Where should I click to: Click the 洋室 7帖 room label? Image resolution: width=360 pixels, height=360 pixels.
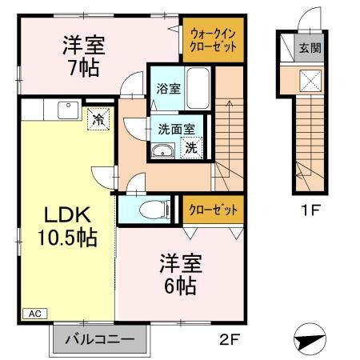(80, 55)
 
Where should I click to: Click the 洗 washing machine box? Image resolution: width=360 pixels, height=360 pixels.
(192, 147)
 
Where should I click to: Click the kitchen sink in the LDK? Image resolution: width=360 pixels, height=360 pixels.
(66, 107)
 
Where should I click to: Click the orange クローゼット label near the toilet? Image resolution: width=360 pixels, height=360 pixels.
(212, 210)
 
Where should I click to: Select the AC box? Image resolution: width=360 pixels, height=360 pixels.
(34, 314)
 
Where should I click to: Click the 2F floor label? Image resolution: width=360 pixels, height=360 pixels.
(229, 338)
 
